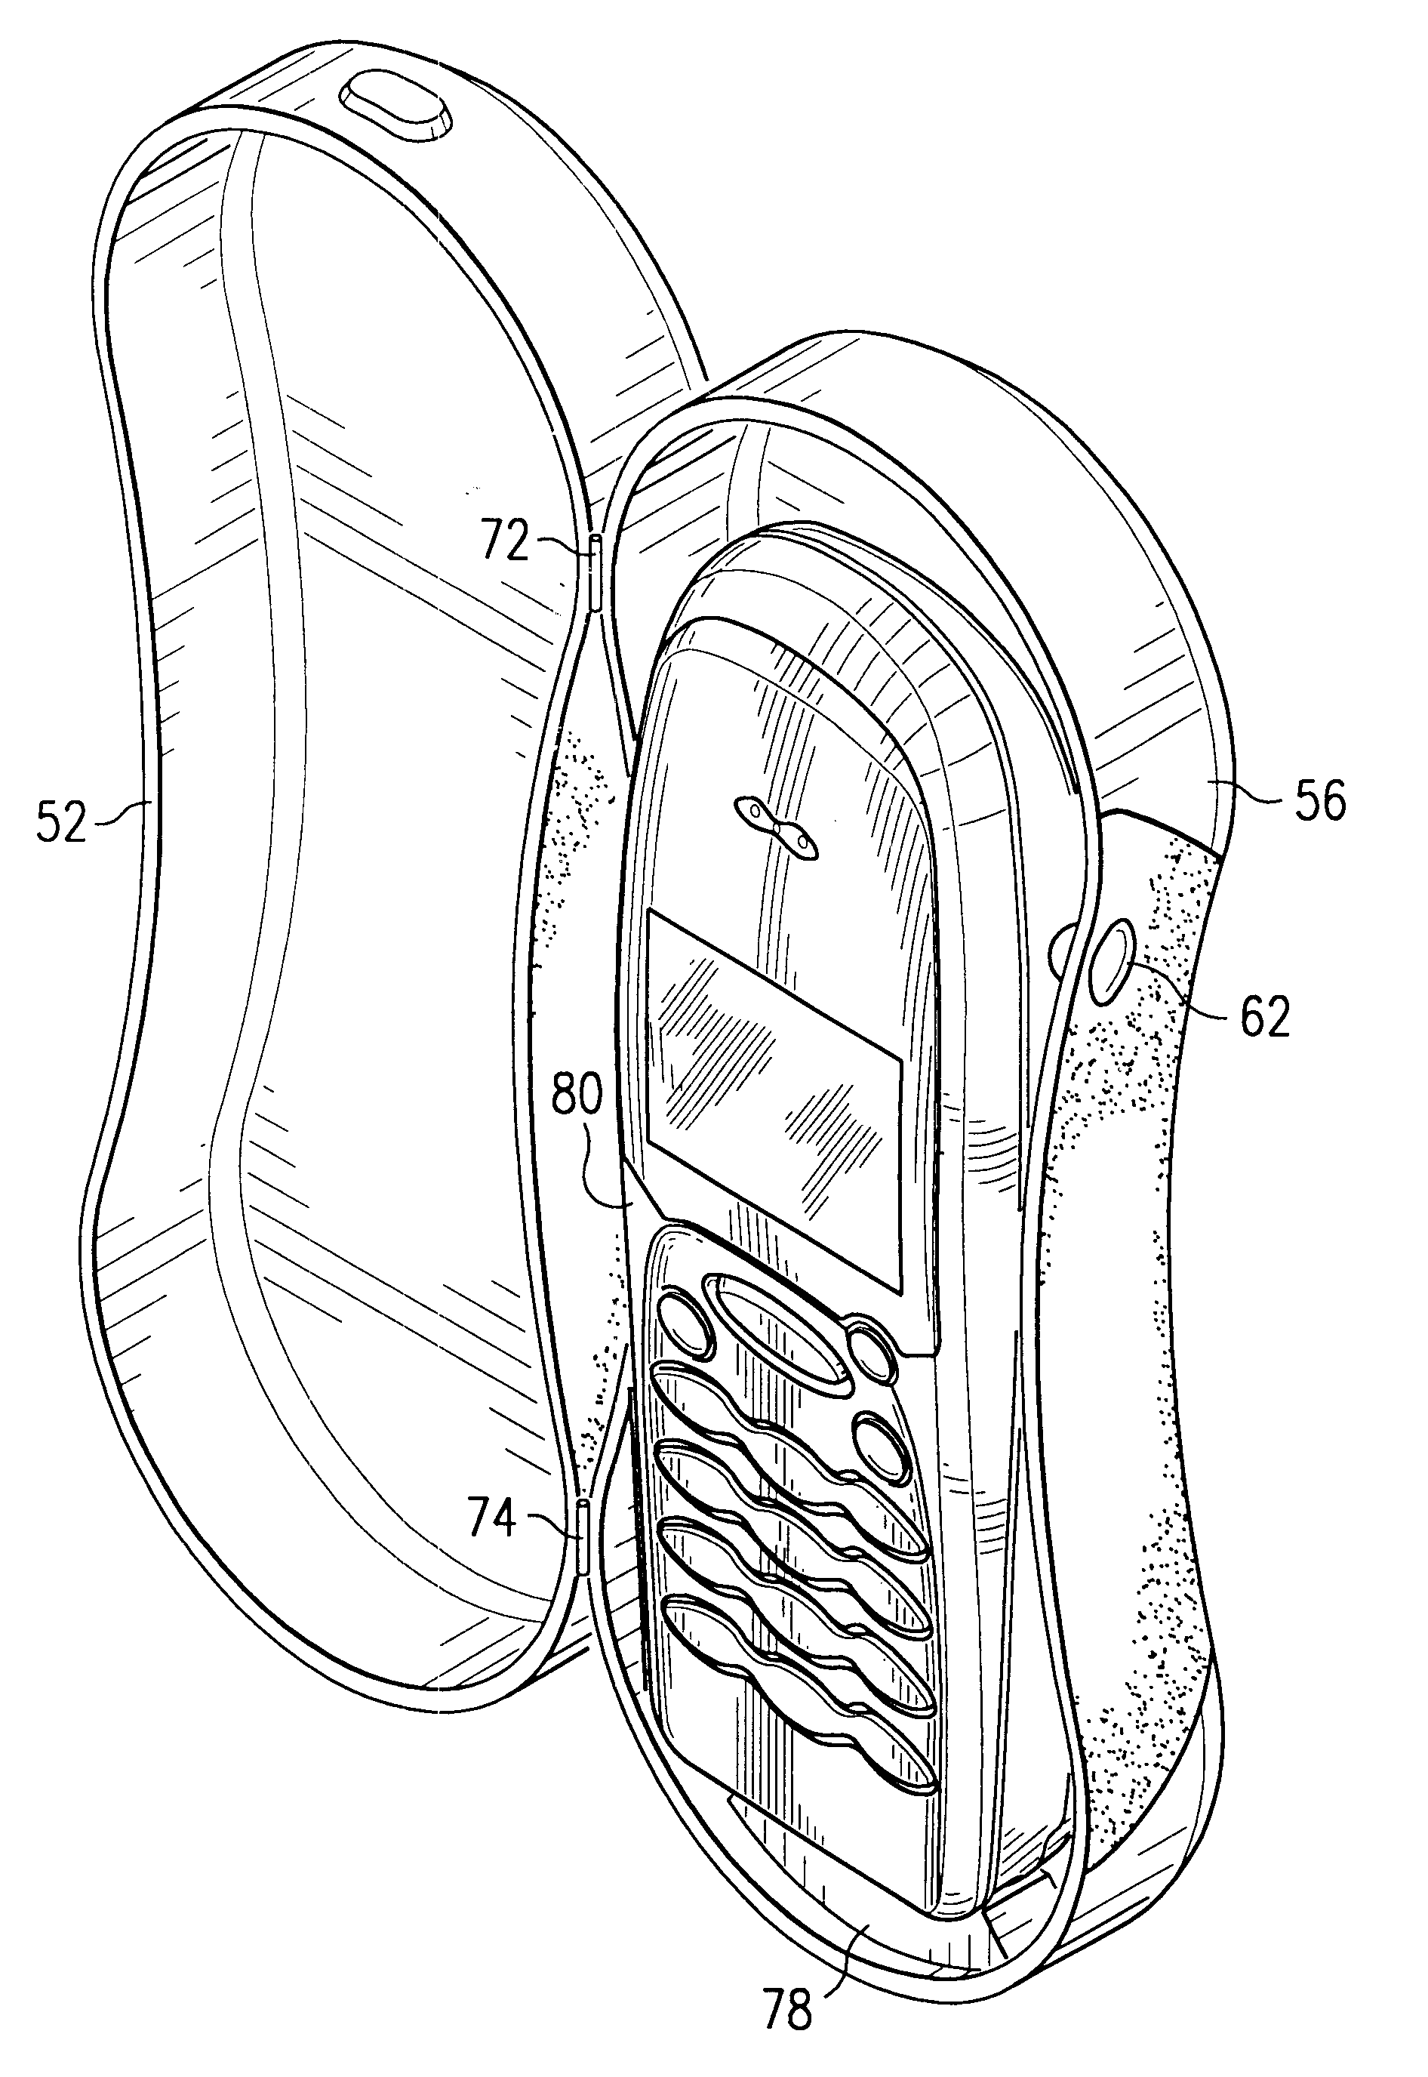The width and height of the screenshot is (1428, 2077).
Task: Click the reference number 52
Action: tap(61, 823)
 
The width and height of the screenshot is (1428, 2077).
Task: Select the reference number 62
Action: tap(1265, 1015)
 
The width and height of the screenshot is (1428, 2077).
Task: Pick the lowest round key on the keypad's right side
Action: tap(882, 1445)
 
